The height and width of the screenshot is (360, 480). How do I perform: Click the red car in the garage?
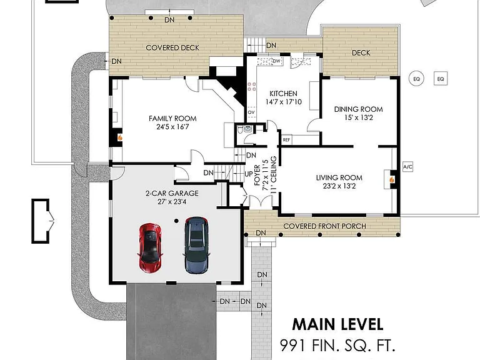pos(150,247)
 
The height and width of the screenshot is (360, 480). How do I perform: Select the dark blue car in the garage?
pos(196,245)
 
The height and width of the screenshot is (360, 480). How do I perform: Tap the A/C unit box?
pos(407,167)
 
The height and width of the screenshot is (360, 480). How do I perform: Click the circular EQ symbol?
pos(416,79)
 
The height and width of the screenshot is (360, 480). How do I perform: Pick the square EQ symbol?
pos(441,79)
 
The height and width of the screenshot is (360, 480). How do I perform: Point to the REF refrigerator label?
pos(286,140)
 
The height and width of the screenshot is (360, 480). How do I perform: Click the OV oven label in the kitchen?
pos(251,112)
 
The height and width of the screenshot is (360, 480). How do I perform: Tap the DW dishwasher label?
pos(276,61)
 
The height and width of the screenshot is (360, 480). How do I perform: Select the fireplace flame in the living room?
pos(392,180)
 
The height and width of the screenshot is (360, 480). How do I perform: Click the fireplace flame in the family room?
pos(120,137)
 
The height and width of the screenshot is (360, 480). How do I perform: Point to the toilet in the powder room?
pos(241,129)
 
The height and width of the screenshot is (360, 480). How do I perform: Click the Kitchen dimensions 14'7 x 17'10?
pos(284,102)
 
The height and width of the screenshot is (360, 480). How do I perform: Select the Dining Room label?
pos(359,109)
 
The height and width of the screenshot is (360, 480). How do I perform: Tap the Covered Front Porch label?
pos(324,226)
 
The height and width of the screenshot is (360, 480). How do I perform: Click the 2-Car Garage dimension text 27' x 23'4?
pos(172,202)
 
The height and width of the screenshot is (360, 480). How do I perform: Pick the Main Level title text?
pos(337,325)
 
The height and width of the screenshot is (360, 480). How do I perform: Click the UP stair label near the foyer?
pos(249,174)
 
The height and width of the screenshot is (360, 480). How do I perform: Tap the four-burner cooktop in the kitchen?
pos(252,87)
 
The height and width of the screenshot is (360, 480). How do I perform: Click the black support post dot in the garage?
pos(176,221)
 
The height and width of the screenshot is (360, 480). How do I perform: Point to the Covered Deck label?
pos(172,47)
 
